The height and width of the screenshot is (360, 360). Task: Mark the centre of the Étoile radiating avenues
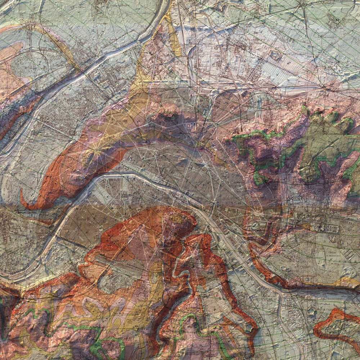point(97,148)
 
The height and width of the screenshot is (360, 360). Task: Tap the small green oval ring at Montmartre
point(167,116)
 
